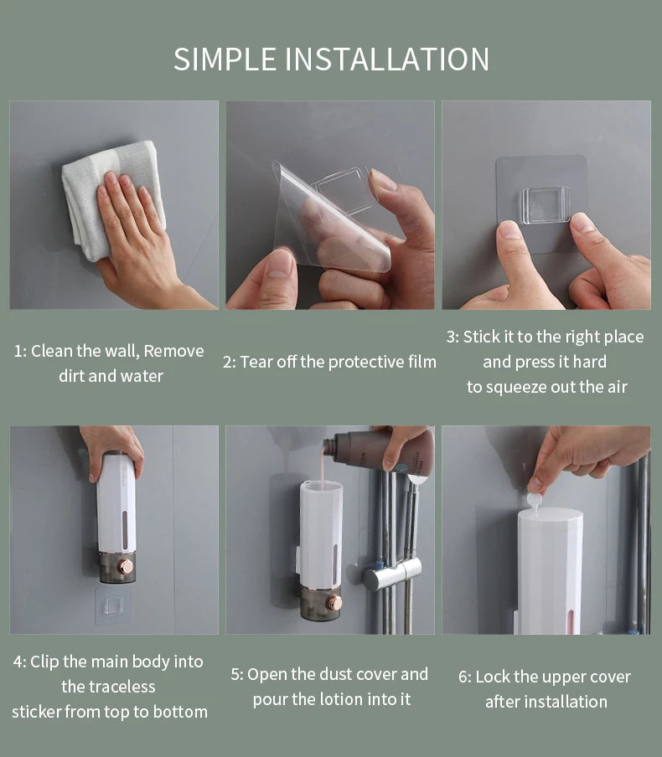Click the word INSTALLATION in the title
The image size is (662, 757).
(x=387, y=59)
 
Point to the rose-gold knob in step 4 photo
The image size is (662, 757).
(x=125, y=567)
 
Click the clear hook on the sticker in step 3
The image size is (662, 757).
(x=546, y=204)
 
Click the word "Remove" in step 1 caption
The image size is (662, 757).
(x=173, y=351)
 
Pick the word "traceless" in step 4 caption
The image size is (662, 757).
(x=108, y=687)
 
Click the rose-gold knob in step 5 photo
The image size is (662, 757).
(x=334, y=603)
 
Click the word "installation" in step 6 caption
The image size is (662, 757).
(x=546, y=702)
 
